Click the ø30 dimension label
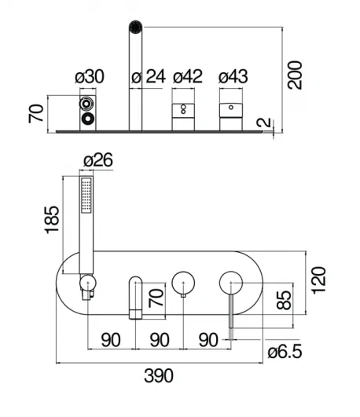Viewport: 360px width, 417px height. click(x=90, y=77)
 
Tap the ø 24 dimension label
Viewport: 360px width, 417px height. click(x=149, y=77)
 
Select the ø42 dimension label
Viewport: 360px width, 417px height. click(x=188, y=77)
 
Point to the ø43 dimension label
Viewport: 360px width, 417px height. click(x=233, y=77)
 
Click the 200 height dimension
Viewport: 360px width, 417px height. click(x=295, y=75)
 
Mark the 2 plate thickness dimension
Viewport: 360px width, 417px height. click(x=263, y=123)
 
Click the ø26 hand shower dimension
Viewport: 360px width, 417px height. click(x=98, y=160)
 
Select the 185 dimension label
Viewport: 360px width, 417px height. click(x=52, y=220)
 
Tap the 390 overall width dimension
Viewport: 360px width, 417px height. click(x=159, y=375)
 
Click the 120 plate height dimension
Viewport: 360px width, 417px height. click(x=318, y=280)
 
